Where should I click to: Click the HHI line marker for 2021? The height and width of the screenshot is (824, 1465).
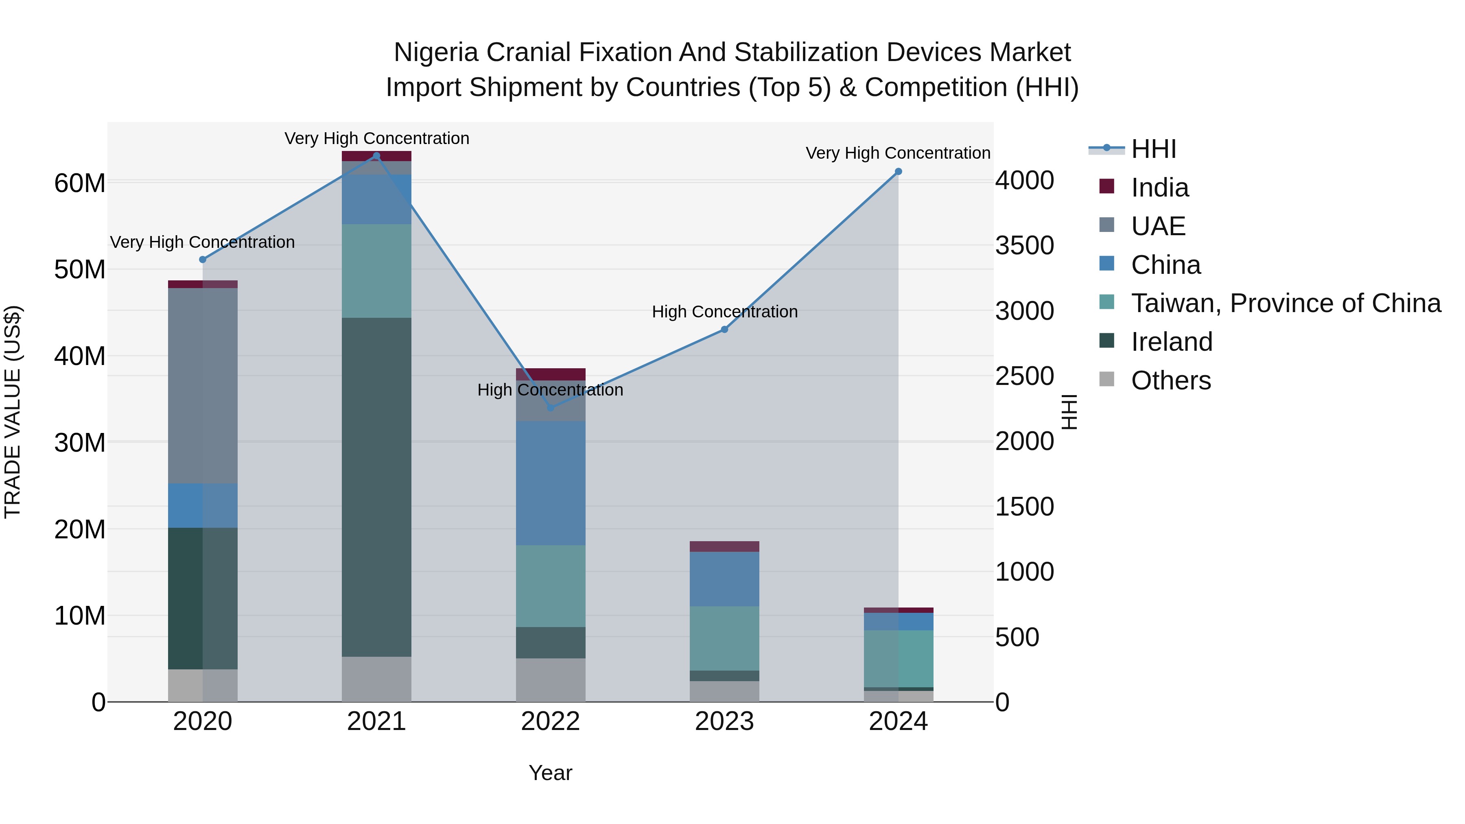click(x=376, y=156)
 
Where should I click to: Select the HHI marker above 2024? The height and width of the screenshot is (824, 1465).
click(x=898, y=172)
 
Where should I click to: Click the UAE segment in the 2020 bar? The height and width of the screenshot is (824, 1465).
click(x=203, y=386)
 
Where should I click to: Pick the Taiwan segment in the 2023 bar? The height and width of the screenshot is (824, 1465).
click(x=724, y=638)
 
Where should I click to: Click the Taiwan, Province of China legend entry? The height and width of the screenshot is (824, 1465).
click(x=1285, y=303)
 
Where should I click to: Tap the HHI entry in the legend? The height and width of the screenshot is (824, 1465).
click(x=1153, y=149)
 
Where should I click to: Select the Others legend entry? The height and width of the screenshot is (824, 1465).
click(x=1170, y=380)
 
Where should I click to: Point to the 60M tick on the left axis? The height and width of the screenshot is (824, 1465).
click(x=80, y=183)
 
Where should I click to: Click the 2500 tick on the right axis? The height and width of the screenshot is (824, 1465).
click(x=1024, y=376)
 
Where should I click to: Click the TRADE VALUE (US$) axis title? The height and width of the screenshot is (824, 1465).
click(x=13, y=412)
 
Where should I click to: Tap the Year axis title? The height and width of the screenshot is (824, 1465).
click(x=550, y=773)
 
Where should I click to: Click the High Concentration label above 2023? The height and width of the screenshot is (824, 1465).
click(x=724, y=312)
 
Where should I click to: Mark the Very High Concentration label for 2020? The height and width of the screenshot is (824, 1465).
click(x=203, y=242)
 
